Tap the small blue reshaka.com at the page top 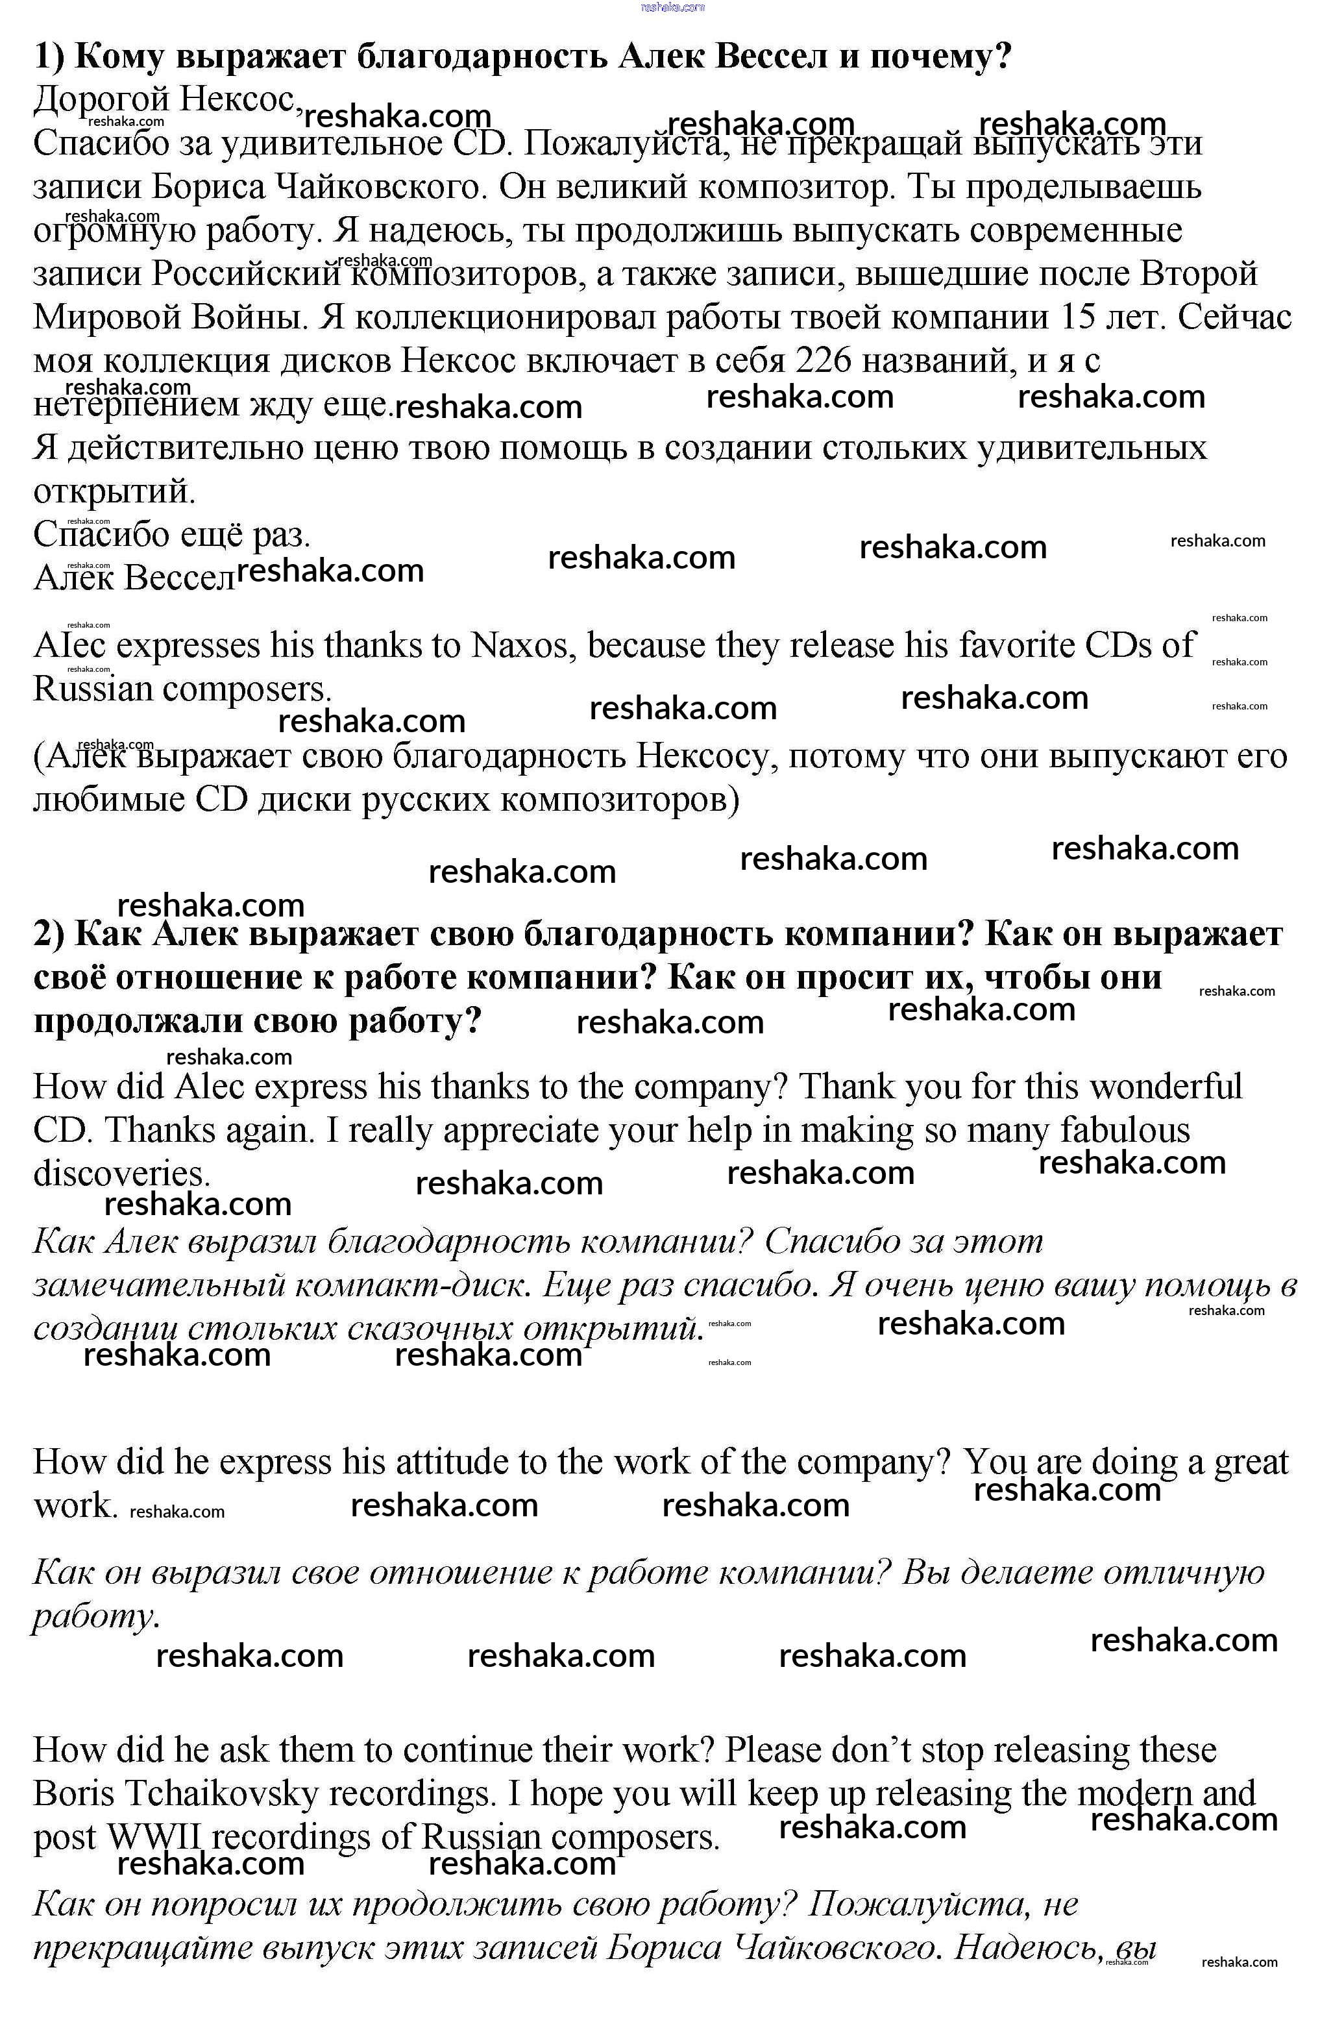click(x=672, y=7)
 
